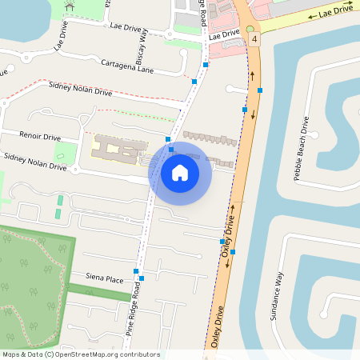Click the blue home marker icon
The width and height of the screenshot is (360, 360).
click(x=180, y=172)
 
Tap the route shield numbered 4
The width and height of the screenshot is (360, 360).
click(x=254, y=38)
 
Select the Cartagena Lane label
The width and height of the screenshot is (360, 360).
click(x=126, y=66)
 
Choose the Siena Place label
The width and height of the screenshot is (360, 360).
click(x=105, y=278)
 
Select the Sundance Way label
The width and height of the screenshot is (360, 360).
click(x=276, y=298)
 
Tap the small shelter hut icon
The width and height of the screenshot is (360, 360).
click(x=70, y=7)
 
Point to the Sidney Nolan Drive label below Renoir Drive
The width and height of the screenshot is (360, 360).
click(x=34, y=162)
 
